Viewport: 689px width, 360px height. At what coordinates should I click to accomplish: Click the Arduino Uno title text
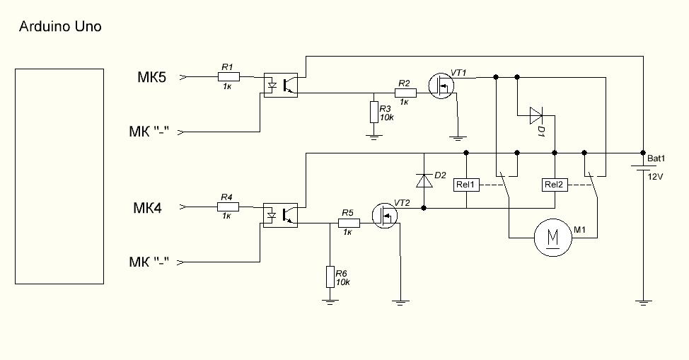(x=59, y=27)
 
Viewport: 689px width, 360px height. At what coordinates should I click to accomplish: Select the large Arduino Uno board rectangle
(x=59, y=177)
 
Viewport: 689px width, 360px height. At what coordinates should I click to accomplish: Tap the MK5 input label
(x=151, y=77)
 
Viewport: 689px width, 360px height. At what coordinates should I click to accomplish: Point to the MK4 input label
(x=148, y=208)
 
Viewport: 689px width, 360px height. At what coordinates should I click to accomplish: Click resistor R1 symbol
(x=228, y=76)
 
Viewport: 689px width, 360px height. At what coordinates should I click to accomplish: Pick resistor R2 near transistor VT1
(x=405, y=93)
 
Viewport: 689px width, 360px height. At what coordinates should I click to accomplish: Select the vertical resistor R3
(x=374, y=112)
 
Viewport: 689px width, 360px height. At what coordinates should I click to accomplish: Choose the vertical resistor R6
(x=330, y=277)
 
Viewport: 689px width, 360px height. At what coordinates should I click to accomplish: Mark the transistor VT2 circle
(x=386, y=216)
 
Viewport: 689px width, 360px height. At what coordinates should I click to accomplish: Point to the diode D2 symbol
(x=424, y=180)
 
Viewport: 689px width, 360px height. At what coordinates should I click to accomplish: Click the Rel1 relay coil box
(x=466, y=185)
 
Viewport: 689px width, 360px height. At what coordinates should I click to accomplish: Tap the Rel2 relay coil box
(x=554, y=185)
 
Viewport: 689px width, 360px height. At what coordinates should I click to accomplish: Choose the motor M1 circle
(x=553, y=237)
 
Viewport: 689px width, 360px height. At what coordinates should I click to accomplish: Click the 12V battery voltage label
(x=655, y=176)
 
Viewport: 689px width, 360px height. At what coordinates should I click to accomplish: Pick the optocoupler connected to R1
(x=281, y=84)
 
